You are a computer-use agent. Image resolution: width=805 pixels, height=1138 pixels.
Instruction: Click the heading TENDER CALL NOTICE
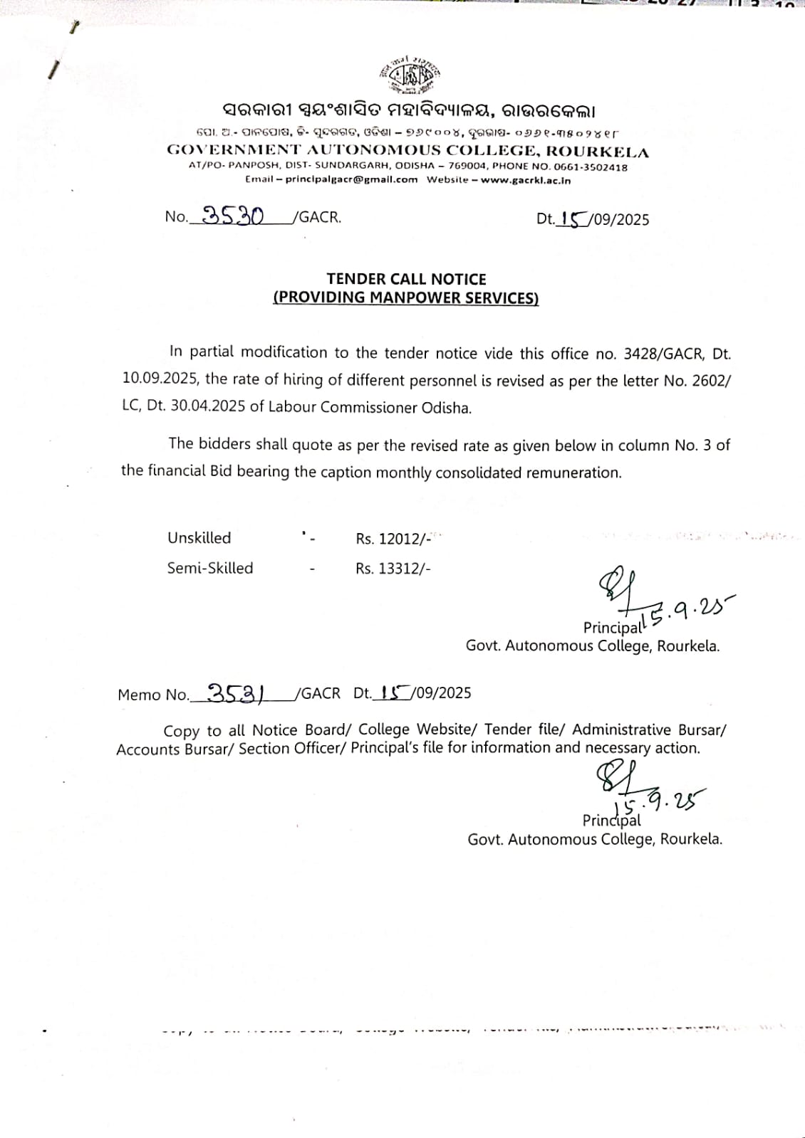[x=406, y=279]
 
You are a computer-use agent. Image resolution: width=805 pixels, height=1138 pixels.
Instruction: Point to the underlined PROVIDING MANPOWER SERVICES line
[x=406, y=297]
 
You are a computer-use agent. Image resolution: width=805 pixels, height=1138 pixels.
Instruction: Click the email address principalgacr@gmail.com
[x=351, y=180]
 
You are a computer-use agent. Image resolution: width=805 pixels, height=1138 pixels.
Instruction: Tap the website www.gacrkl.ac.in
[x=526, y=180]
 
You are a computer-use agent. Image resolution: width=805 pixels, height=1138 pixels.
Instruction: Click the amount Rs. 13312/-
[x=393, y=568]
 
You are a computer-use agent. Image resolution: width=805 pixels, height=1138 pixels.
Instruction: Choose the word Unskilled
[x=199, y=538]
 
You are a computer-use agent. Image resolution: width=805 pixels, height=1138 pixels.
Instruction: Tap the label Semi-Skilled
[x=210, y=568]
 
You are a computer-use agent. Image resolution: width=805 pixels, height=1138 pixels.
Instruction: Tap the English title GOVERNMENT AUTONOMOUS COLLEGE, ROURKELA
[x=407, y=151]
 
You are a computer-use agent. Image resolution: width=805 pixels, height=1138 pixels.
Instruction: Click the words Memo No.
[x=153, y=695]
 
